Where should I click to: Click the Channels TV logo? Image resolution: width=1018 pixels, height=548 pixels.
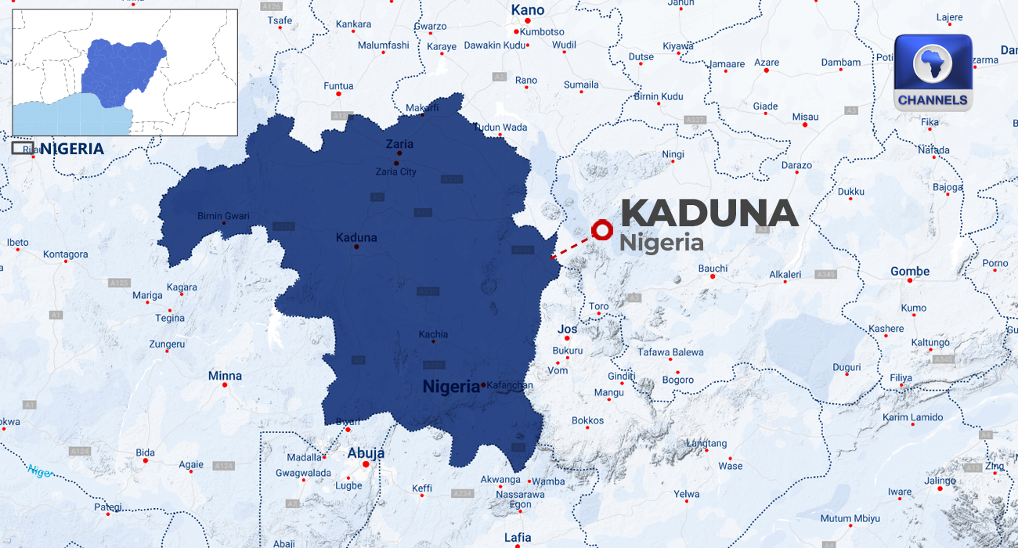point(933,72)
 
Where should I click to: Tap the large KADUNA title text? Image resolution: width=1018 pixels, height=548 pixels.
point(709,214)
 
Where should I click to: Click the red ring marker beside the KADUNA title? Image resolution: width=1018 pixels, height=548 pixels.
point(602,229)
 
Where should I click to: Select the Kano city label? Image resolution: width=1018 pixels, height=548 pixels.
point(527,10)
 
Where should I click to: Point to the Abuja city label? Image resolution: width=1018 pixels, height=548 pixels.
point(366,453)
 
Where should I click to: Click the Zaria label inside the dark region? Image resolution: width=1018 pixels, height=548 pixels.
point(399,144)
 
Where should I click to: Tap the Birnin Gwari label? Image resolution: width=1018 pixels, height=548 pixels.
point(223,216)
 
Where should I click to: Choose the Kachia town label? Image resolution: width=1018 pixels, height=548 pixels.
point(433,334)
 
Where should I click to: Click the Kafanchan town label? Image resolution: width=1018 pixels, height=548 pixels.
point(510,385)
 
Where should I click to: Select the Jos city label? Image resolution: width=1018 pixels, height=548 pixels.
point(567,330)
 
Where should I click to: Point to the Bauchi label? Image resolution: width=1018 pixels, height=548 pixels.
point(713,269)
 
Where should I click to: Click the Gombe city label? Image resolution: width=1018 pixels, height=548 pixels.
point(910,272)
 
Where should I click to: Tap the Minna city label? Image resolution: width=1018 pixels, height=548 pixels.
point(225,376)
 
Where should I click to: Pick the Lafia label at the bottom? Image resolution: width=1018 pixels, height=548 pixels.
point(518,537)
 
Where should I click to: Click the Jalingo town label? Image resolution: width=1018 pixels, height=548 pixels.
point(940,481)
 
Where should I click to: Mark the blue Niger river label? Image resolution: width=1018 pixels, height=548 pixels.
point(40,470)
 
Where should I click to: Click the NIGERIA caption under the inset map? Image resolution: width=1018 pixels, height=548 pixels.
point(71,149)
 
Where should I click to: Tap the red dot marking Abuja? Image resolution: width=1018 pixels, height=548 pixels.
point(365,464)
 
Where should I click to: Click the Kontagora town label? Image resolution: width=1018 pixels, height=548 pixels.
point(66,254)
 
